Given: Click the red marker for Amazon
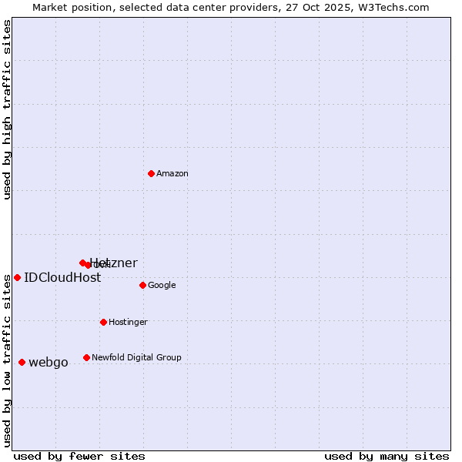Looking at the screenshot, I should (151, 173).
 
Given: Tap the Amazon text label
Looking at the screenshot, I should (172, 174).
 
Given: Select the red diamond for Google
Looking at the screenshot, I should (142, 285).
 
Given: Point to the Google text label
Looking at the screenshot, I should (162, 286).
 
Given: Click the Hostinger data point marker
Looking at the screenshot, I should (103, 322).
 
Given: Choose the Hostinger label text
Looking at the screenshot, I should (128, 323).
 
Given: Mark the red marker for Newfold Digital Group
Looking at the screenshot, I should (86, 357).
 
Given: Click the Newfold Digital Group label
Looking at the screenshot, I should (136, 358).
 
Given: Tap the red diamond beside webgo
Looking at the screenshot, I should (22, 362).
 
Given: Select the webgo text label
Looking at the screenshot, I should (49, 363).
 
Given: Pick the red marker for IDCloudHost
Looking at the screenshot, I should (17, 277).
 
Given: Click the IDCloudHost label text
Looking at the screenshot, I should (62, 278).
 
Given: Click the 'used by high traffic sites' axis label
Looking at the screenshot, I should (7, 109).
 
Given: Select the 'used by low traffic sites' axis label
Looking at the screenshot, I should (7, 360).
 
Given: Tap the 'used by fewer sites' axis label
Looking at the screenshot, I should (79, 457).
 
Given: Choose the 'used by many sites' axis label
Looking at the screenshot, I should (387, 457).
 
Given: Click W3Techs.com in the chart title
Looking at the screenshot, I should (393, 7).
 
